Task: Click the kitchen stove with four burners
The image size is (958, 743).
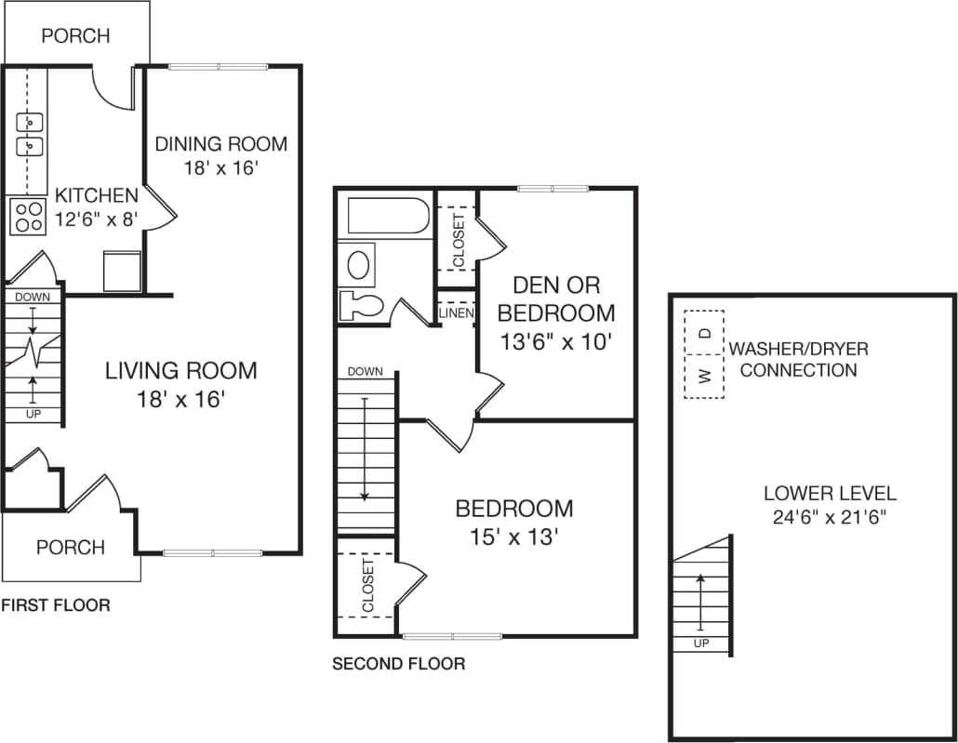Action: [29, 217]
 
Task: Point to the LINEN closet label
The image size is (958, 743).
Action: [456, 313]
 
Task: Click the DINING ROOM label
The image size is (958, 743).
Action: [220, 144]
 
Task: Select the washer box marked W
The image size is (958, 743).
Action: [704, 377]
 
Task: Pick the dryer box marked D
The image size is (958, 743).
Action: [704, 332]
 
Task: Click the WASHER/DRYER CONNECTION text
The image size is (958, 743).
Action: [798, 360]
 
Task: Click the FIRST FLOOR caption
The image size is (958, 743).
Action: [55, 605]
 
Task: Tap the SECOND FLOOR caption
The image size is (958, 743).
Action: [398, 664]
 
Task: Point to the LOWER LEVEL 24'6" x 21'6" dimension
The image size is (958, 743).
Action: [830, 518]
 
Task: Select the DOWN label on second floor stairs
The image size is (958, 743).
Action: [365, 372]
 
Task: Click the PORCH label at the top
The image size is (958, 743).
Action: [75, 36]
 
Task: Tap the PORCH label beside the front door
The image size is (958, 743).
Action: [70, 547]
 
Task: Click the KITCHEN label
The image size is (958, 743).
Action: [97, 196]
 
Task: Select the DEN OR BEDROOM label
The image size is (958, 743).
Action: [557, 299]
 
